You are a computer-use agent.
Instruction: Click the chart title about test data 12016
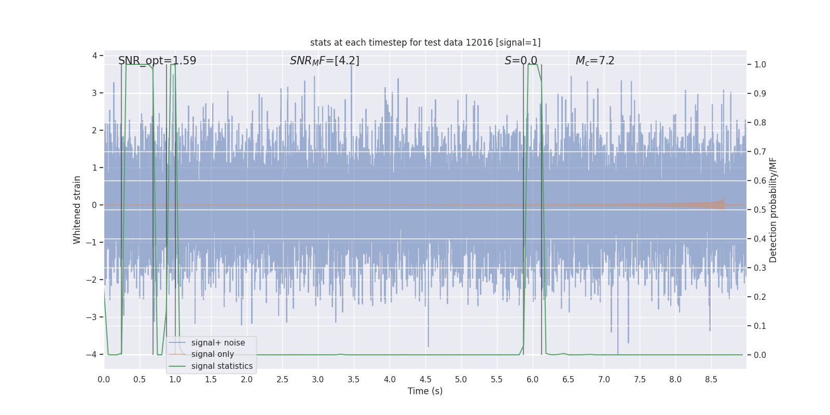coord(425,43)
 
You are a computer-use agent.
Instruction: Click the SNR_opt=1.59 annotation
coord(157,61)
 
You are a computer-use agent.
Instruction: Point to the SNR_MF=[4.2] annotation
coord(324,61)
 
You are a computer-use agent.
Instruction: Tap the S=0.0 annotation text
coord(521,61)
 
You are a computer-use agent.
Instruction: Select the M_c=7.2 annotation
coord(595,61)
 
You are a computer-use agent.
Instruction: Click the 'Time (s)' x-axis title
coord(425,391)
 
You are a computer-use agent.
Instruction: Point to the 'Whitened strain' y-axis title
coord(77,210)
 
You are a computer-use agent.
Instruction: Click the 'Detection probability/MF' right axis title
coord(773,210)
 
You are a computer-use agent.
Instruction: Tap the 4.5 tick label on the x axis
coord(425,380)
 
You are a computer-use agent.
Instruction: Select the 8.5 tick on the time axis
coord(711,380)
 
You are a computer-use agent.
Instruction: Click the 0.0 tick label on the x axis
coord(104,380)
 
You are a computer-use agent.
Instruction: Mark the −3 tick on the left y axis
coord(93,317)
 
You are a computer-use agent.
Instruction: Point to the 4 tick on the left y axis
coord(94,56)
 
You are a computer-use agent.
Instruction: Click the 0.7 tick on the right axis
coord(759,152)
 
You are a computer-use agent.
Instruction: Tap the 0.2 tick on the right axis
coord(759,297)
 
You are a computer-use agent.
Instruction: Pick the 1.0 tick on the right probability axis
coord(759,65)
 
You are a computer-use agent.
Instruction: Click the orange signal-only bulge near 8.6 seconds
coord(718,204)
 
